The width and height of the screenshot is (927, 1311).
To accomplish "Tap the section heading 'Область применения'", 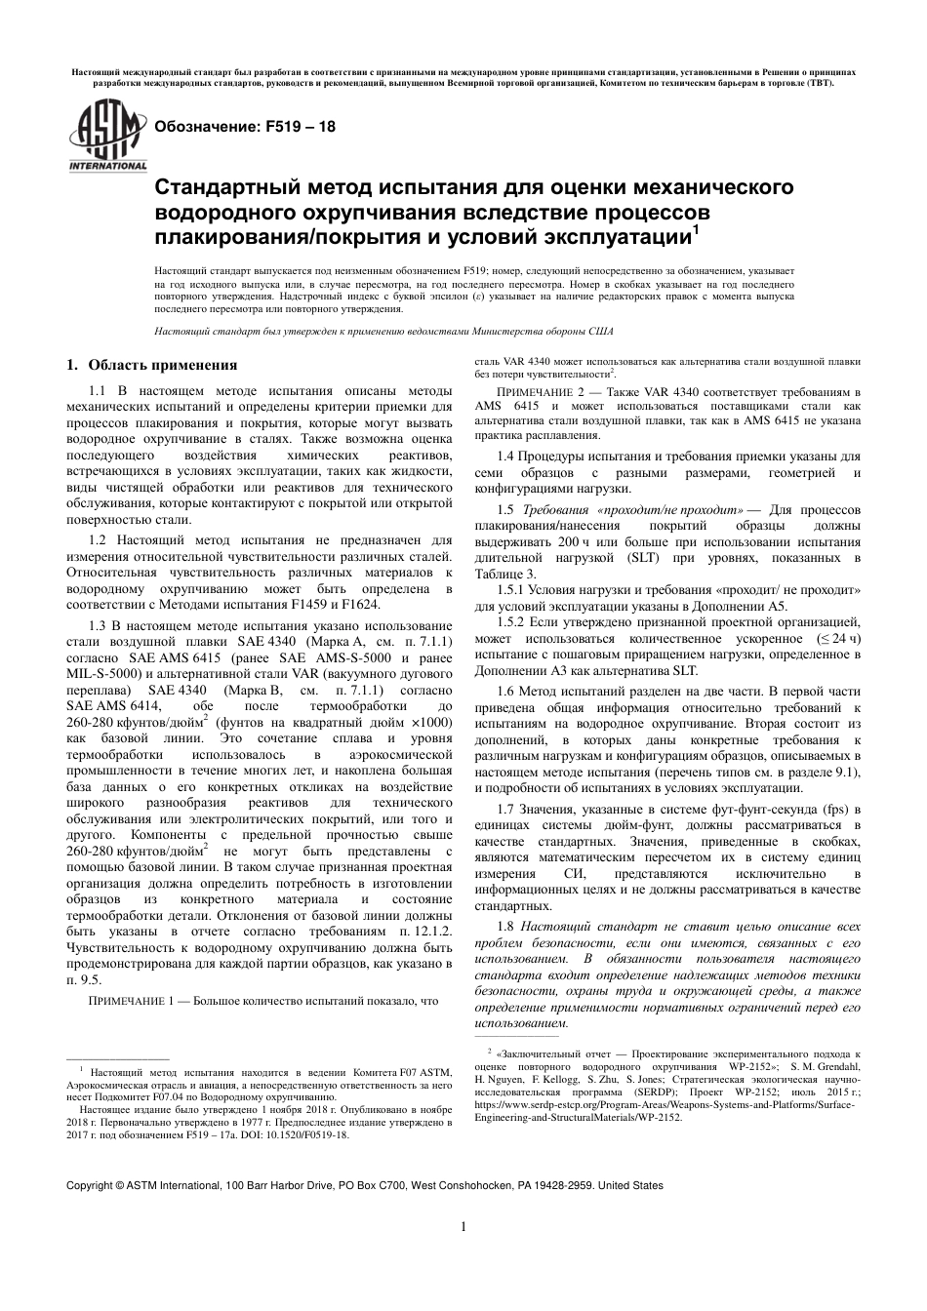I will click(162, 366).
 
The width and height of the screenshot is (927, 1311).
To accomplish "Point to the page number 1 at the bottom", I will click(463, 1227).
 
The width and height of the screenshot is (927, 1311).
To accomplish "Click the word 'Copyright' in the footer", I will click(89, 1185).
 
